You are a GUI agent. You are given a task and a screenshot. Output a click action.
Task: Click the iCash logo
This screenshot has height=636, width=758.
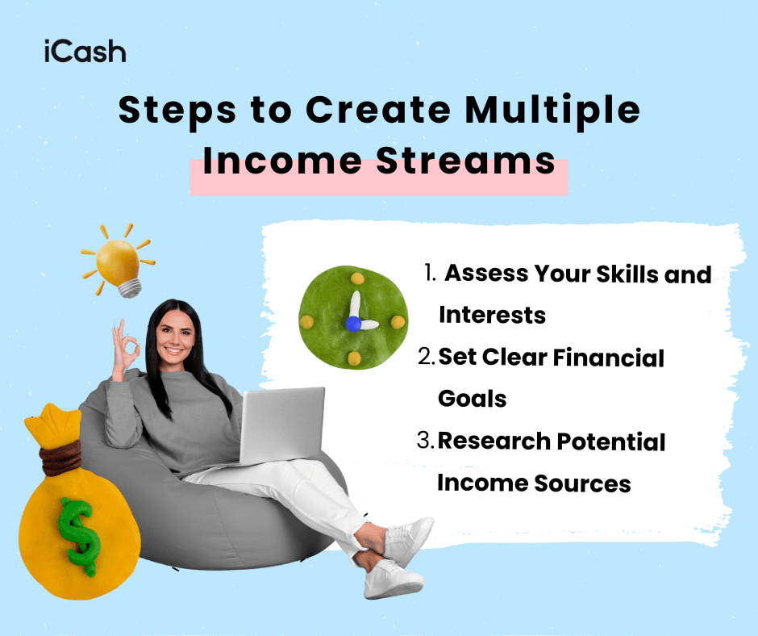point(85,52)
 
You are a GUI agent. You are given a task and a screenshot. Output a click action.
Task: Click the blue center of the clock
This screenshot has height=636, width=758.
point(352,323)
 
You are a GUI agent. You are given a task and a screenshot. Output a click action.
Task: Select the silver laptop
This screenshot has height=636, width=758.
point(281,428)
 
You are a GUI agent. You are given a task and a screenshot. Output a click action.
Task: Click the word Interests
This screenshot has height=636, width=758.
point(492,315)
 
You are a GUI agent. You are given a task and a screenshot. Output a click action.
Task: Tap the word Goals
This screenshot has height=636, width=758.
point(472,399)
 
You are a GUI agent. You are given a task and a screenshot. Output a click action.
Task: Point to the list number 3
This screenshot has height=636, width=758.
point(425,441)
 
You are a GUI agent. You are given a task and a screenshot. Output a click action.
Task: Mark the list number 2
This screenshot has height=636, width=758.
point(427,358)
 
